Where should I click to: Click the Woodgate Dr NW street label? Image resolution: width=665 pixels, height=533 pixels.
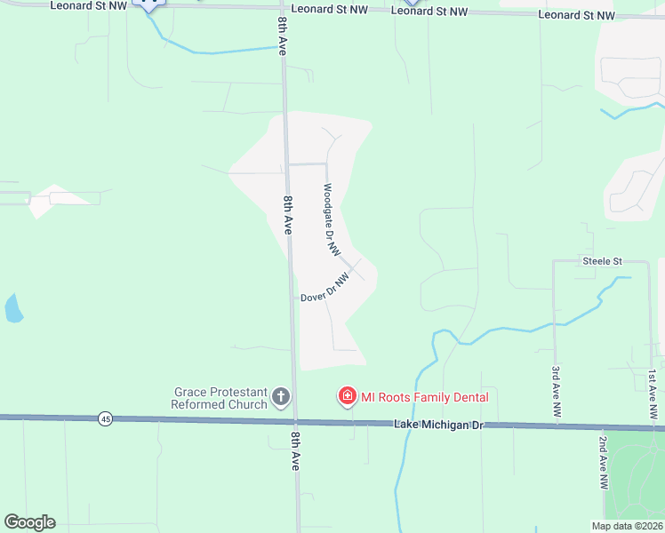point(332,220)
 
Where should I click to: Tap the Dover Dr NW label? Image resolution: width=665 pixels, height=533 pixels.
point(324,289)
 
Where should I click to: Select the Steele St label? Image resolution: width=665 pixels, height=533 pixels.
point(602,261)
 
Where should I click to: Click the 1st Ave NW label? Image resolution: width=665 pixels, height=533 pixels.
point(653,394)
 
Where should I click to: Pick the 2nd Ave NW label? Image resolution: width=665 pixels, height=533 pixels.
point(603,462)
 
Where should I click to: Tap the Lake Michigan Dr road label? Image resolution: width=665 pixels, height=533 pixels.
point(437,426)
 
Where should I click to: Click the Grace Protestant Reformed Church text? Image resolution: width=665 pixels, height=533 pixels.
point(220,398)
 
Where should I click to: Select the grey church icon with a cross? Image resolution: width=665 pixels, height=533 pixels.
point(281,396)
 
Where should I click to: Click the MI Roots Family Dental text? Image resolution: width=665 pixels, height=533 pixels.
point(424,397)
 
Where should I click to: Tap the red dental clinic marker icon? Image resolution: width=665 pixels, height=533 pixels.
point(347,396)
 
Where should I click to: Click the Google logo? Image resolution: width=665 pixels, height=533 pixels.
point(29,522)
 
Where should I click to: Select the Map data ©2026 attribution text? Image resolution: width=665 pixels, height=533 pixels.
point(627,526)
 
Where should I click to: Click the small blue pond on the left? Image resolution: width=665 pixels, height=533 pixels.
point(13,308)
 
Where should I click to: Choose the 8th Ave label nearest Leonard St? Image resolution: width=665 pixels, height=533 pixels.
point(282,36)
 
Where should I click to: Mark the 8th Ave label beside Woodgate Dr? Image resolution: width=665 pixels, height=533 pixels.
point(289,216)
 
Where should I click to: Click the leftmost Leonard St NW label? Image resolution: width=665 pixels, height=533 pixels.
point(88,5)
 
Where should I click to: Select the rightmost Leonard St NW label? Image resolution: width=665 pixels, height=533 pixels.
point(576,15)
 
